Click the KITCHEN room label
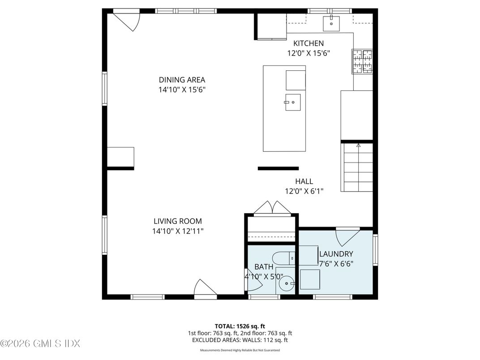[x=308, y=43]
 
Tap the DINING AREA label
[x=182, y=80]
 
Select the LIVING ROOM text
[x=178, y=221]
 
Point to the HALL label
[x=304, y=181]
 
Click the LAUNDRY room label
[x=336, y=254]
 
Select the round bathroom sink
[x=285, y=283]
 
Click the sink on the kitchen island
[x=292, y=102]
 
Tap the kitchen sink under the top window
[x=331, y=22]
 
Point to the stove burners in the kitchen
[x=362, y=61]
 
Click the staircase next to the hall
[x=357, y=167]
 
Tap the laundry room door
[x=348, y=235]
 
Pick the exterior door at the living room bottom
[x=205, y=288]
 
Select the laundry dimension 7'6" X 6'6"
[x=336, y=263]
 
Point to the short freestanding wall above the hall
[x=278, y=168]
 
